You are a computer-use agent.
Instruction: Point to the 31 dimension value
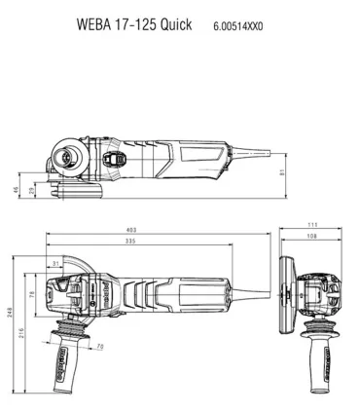54,262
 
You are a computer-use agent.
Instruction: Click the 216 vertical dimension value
21,331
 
